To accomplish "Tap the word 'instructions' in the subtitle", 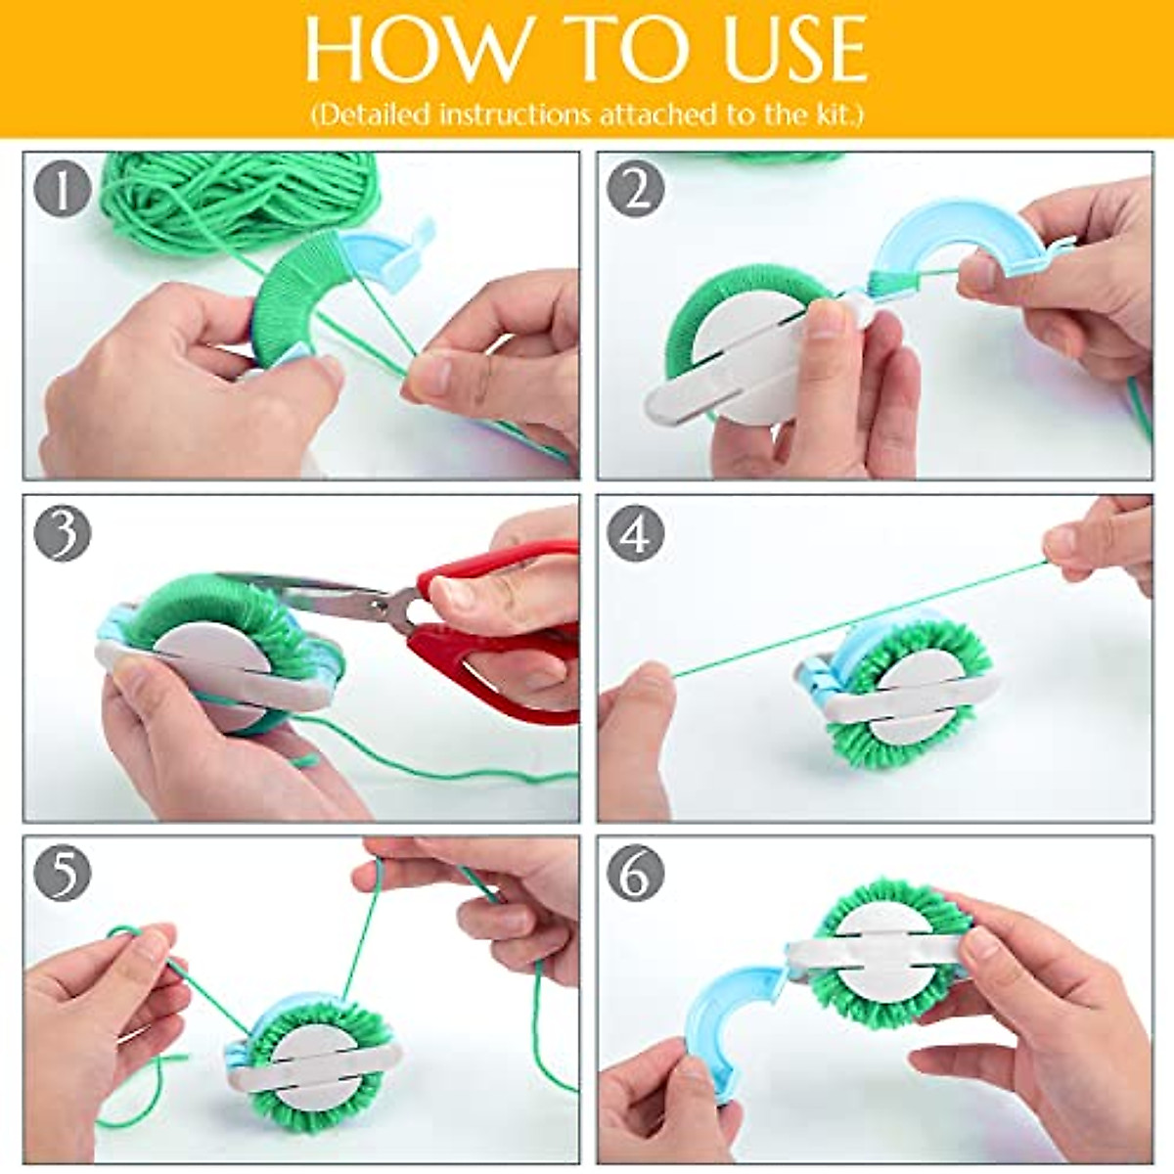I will tap(517, 114).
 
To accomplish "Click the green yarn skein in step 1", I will tap(235, 196).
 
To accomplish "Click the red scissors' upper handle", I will tap(499, 577).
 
